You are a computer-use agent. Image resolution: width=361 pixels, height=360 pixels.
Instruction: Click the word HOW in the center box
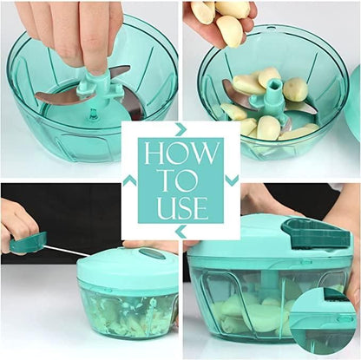coord(180,154)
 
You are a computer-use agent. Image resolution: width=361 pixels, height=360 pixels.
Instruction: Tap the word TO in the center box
coord(180,180)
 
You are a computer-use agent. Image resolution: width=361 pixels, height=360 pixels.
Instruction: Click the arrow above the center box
coord(180,128)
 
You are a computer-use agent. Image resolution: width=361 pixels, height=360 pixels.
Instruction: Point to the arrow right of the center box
coord(232,180)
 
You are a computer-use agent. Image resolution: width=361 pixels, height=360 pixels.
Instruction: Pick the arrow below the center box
coord(180,232)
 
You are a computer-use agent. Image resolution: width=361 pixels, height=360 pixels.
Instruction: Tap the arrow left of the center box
coord(129,180)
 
